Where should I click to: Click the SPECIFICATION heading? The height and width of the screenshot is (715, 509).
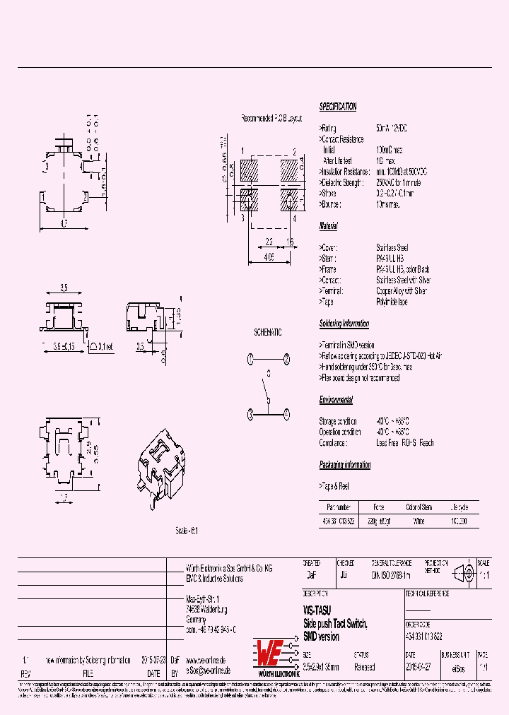coord(338,107)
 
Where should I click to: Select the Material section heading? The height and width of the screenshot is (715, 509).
coord(328,226)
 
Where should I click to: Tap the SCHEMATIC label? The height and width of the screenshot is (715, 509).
coord(268,332)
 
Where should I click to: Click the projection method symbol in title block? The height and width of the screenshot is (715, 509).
coord(462,573)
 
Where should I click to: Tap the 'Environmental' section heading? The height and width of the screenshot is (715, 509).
coord(336,400)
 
